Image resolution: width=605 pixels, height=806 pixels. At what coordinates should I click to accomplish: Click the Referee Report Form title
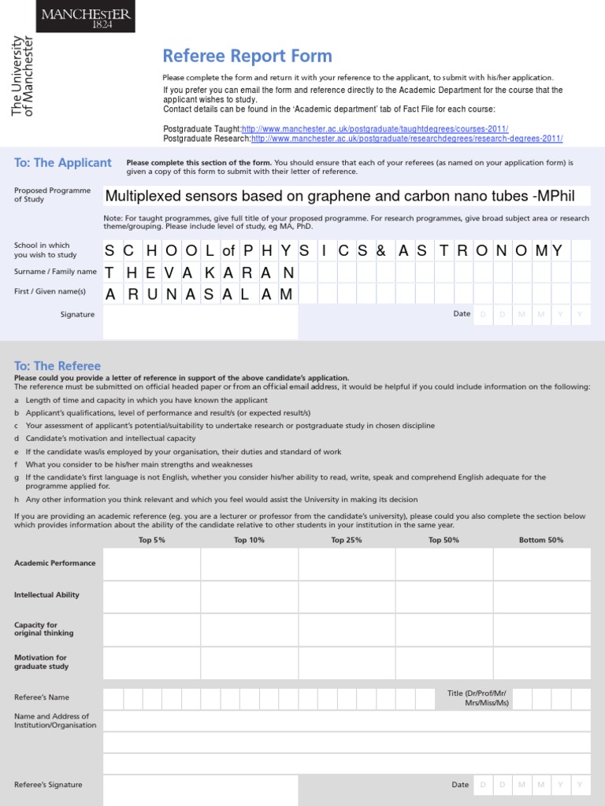247,56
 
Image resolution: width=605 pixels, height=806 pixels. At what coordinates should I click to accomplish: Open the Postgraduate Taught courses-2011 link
374,129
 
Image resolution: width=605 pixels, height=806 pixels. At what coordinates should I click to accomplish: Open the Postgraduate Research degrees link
406,139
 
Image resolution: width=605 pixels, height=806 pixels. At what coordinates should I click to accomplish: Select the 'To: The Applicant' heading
63,163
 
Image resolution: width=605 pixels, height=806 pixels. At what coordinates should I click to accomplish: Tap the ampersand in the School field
381,251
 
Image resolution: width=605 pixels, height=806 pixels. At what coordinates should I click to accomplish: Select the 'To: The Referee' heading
58,366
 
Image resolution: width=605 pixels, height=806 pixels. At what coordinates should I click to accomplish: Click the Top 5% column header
151,540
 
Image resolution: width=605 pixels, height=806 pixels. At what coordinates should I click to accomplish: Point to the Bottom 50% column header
541,540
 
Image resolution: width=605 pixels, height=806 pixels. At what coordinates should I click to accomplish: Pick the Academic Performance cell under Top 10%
249,564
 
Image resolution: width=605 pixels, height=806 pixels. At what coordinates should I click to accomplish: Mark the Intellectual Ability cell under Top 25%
347,596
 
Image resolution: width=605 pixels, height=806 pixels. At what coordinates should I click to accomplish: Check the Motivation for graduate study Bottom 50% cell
541,661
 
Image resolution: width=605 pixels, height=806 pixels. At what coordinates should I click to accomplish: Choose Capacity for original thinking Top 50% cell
444,629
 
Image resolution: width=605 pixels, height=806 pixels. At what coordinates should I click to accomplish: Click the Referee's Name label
42,697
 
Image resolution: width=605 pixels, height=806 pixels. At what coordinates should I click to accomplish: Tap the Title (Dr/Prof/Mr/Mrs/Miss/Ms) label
478,698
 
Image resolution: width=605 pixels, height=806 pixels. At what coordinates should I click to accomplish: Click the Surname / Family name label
55,272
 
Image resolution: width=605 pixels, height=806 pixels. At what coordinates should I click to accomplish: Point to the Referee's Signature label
48,785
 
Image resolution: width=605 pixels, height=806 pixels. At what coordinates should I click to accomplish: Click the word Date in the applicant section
462,314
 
